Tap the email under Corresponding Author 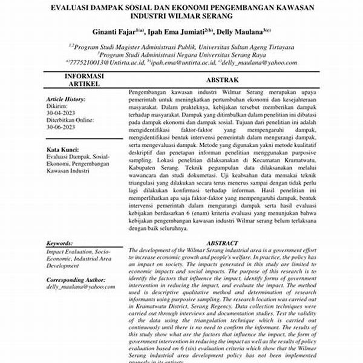[80, 287]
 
